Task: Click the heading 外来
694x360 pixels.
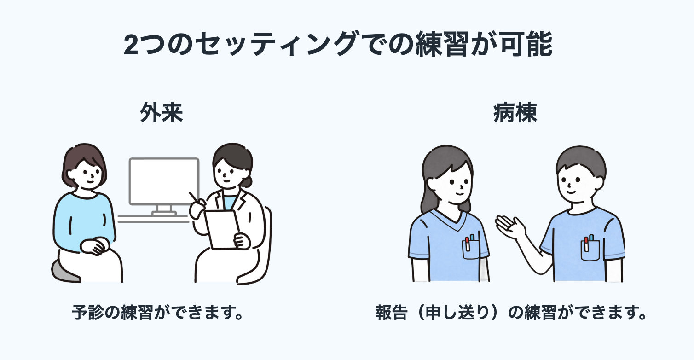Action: click(x=162, y=112)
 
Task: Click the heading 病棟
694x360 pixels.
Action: click(x=515, y=112)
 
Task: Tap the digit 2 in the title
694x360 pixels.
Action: click(x=130, y=44)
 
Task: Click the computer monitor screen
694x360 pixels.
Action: click(x=164, y=181)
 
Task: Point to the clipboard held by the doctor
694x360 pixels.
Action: click(x=222, y=229)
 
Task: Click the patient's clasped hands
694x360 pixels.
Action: click(x=95, y=246)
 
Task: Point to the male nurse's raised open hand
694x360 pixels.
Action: click(x=509, y=227)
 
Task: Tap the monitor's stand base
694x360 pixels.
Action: click(x=164, y=214)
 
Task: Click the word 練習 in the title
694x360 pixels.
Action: click(x=442, y=44)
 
